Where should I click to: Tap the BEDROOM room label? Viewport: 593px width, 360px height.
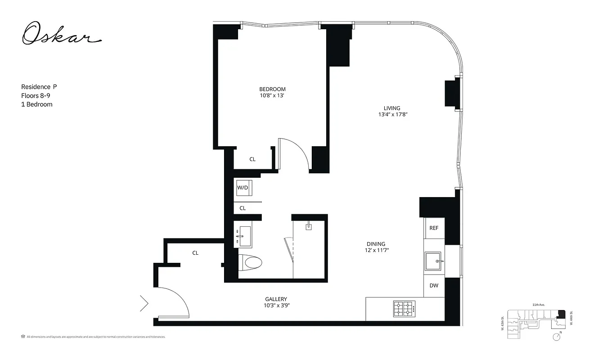pyautogui.click(x=272, y=89)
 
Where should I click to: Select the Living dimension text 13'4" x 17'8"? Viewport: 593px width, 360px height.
pyautogui.click(x=392, y=114)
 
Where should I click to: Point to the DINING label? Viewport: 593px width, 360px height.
pyautogui.click(x=376, y=244)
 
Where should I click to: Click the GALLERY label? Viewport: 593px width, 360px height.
pyautogui.click(x=276, y=299)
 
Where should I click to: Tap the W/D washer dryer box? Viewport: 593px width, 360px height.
pyautogui.click(x=243, y=188)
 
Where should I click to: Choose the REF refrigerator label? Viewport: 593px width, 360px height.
pyautogui.click(x=434, y=228)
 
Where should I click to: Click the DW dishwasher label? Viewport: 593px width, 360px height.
pyautogui.click(x=434, y=285)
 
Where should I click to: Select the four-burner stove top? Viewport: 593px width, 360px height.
pyautogui.click(x=404, y=309)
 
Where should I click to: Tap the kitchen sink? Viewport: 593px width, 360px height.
pyautogui.click(x=434, y=261)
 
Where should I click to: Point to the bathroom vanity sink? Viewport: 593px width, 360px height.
pyautogui.click(x=245, y=236)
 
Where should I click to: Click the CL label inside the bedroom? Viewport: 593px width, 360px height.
pyautogui.click(x=252, y=159)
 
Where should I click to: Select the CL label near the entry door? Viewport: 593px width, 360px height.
pyautogui.click(x=195, y=253)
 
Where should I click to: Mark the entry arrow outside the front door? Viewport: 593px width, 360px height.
pyautogui.click(x=144, y=303)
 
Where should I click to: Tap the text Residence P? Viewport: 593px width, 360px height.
pyautogui.click(x=39, y=87)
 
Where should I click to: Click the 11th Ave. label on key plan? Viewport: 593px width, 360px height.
pyautogui.click(x=539, y=305)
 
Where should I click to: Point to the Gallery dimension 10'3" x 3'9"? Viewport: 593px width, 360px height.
pyautogui.click(x=276, y=306)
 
